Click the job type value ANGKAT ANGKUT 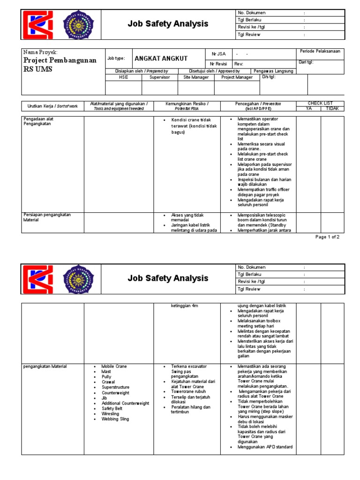pos(161,59)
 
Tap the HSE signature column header pos(123,77)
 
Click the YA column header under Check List pos(308,108)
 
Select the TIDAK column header pos(332,108)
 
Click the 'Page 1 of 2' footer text pos(327,237)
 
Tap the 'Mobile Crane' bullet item pos(114,366)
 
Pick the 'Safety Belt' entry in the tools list pos(112,408)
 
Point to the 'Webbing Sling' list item pos(115,419)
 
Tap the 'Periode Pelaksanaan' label pos(320,51)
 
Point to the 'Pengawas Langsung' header pos(273,71)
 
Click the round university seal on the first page pos(78,24)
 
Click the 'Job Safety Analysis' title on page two pos(168,278)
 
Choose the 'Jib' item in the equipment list pos(105,398)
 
